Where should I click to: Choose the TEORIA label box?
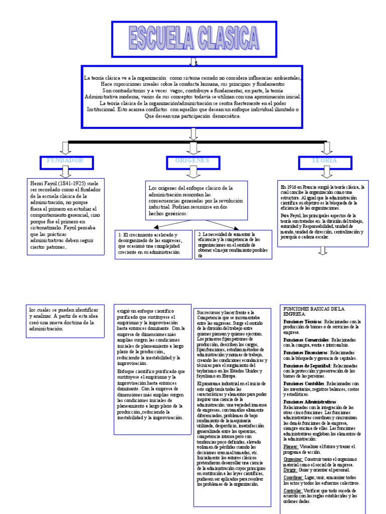tap(324, 162)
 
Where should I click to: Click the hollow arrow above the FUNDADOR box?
tap(65, 148)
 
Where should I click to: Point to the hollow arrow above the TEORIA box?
tap(327, 148)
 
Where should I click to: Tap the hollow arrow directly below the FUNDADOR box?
tap(65, 173)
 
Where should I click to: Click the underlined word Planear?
tap(291, 446)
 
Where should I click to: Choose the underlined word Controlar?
tap(293, 490)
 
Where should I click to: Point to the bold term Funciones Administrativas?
tap(310, 403)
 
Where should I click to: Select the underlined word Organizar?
tap(293, 459)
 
